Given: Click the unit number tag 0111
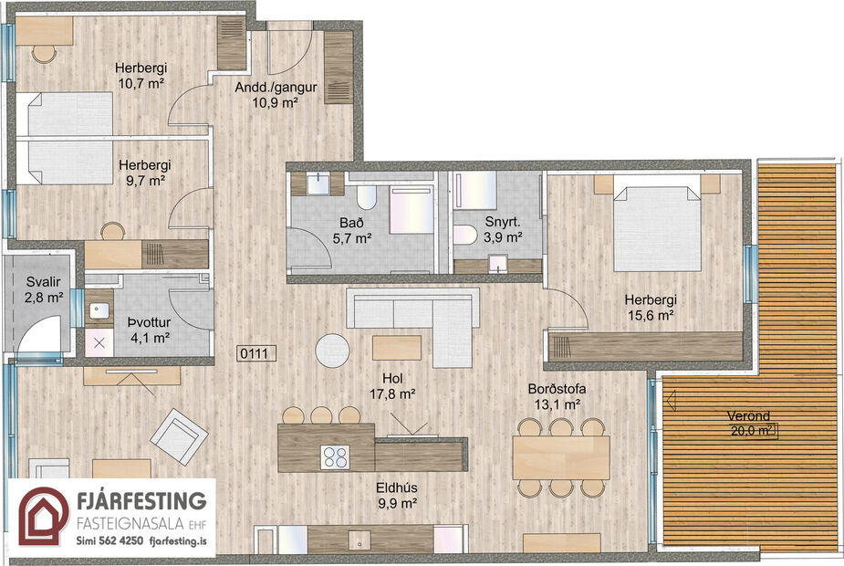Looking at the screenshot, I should pyautogui.click(x=251, y=354).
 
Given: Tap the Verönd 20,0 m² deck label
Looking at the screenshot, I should pyautogui.click(x=750, y=424).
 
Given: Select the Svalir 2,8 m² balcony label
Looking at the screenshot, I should pyautogui.click(x=44, y=289).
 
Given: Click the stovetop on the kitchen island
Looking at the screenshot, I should pyautogui.click(x=335, y=456).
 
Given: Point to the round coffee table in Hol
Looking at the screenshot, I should pyautogui.click(x=332, y=351).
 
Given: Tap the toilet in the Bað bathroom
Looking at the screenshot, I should pyautogui.click(x=366, y=199).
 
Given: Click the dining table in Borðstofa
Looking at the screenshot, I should pyautogui.click(x=560, y=455).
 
